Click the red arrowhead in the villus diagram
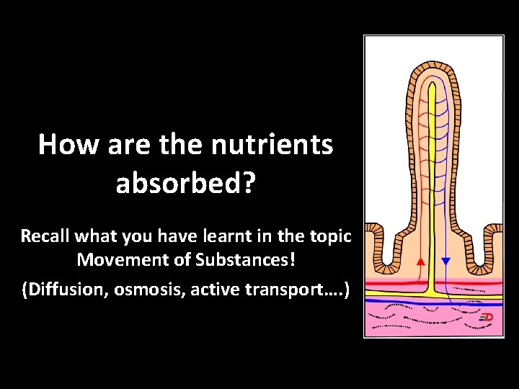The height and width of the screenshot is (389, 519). [x=420, y=261]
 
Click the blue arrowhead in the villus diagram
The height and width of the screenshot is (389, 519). [x=445, y=261]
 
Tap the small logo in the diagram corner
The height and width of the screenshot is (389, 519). [x=487, y=317]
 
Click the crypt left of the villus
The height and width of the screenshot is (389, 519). [x=389, y=249]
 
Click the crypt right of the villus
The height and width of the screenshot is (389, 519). [x=476, y=249]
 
